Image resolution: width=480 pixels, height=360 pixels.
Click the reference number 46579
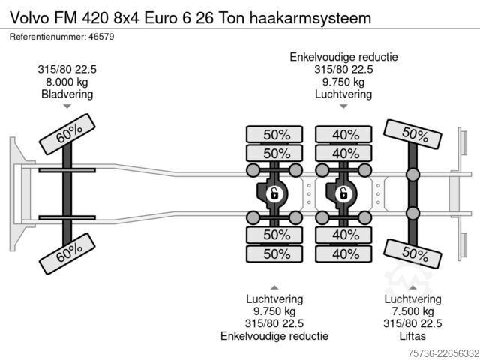point(101,37)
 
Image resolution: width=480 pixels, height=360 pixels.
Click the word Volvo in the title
point(30,18)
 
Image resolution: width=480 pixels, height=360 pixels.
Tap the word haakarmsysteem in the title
point(310,18)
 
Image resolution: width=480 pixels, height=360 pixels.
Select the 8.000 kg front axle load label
point(67,82)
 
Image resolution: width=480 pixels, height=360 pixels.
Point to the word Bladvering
point(67,94)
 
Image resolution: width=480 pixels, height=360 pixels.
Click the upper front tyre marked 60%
point(67,134)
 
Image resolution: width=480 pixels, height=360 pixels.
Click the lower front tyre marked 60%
point(67,253)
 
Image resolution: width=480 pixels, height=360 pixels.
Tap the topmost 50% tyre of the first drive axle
point(274,134)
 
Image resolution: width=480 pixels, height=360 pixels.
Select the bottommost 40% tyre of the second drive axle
point(343,253)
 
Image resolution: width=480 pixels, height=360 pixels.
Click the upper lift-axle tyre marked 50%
point(412,134)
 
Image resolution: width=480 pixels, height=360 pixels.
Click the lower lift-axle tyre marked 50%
point(412,253)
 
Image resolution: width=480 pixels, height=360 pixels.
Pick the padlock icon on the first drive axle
point(274,194)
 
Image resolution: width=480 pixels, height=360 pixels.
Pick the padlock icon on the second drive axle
point(343,194)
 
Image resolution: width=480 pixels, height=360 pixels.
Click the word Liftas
point(412,336)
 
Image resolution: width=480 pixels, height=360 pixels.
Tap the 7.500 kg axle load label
point(412,311)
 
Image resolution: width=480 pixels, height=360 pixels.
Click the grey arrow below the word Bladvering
point(67,106)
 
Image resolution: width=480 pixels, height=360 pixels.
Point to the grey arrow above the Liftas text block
point(412,287)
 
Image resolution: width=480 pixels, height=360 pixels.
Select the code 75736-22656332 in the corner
point(443,353)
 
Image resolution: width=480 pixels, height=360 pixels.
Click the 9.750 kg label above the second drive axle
point(343,82)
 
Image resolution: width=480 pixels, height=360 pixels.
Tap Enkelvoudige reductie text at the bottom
point(274,336)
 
